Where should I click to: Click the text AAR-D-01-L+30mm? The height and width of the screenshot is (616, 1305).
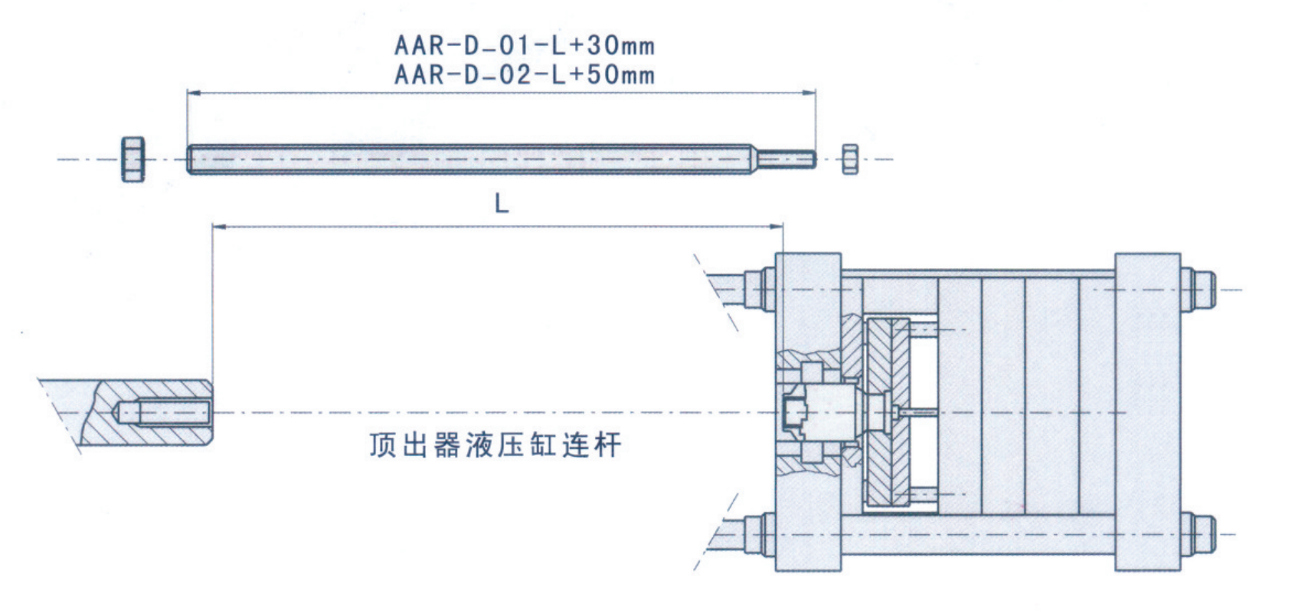pos(525,45)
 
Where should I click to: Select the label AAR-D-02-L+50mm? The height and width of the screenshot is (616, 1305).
pos(525,75)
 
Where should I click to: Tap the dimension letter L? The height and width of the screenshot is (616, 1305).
pos(502,204)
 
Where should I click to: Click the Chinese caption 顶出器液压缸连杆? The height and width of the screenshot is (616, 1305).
pos(495,445)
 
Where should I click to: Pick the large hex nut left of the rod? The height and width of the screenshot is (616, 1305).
pos(133,159)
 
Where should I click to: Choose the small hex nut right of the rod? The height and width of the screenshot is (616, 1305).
pos(849,159)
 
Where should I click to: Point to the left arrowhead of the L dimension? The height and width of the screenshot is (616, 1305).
pos(217,227)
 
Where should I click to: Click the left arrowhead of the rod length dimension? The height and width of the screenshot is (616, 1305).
pos(192,93)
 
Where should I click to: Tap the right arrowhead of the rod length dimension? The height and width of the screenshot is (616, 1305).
pos(811,93)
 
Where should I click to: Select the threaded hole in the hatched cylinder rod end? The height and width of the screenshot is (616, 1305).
pos(165,413)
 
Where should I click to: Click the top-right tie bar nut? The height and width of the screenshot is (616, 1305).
pos(1199,290)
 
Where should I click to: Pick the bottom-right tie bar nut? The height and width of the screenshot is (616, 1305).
pos(1199,534)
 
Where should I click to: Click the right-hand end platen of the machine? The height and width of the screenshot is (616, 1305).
pos(1147,412)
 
